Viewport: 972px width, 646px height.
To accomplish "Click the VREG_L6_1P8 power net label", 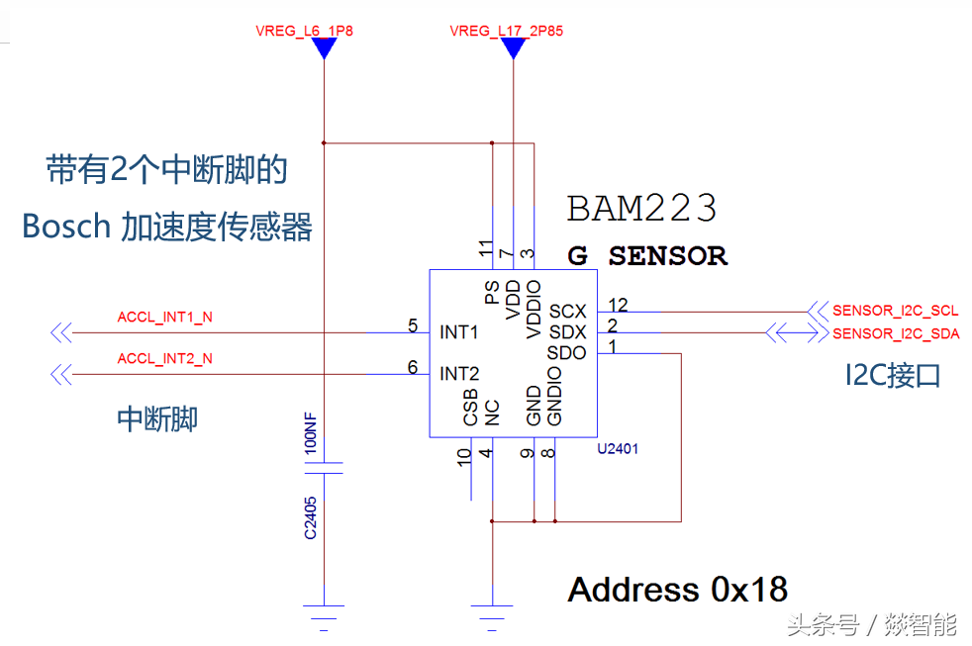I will point(304,31).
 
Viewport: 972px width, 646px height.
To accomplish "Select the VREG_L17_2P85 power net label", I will point(506,31).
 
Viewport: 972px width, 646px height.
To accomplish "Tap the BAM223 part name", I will point(641,209).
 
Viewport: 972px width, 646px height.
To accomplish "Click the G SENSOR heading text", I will point(647,256).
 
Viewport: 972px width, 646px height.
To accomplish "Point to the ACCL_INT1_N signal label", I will point(164,318).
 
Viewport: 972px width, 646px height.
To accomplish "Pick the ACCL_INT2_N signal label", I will point(164,358).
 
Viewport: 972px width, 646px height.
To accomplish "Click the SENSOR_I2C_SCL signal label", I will point(895,311).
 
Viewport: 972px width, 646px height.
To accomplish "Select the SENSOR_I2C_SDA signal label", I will point(896,333).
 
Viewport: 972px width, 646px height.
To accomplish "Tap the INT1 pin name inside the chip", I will point(459,332).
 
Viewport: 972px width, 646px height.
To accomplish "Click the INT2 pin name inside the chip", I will point(459,374).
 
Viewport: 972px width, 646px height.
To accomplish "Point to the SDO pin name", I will point(566,353).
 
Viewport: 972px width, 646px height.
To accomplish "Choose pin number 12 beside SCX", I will point(619,304).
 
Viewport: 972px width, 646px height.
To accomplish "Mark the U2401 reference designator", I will point(618,448).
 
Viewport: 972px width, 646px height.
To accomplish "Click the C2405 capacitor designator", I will point(311,517).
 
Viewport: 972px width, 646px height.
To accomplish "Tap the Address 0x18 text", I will point(678,590).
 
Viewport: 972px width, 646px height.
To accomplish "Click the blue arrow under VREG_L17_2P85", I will point(513,47).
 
